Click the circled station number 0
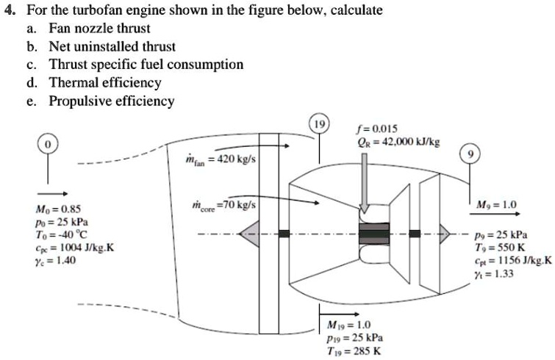coord(49,146)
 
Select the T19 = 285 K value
coord(354,350)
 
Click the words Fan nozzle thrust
coord(99,29)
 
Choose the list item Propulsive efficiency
coord(111,101)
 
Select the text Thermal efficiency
coord(104,82)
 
